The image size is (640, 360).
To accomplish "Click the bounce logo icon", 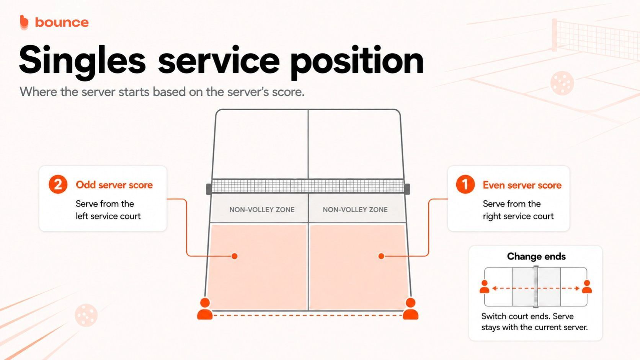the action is (x=24, y=22).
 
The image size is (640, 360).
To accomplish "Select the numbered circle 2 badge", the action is (x=58, y=184).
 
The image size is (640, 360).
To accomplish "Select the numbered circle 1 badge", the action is (x=465, y=184).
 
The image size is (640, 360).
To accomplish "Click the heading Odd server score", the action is (x=114, y=185).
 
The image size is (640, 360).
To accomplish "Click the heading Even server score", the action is (x=522, y=185).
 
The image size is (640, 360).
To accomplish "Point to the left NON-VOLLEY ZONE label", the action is (x=262, y=210).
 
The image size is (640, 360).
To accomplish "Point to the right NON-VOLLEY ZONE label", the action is (x=355, y=210).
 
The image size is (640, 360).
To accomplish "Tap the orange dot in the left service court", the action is (x=235, y=256).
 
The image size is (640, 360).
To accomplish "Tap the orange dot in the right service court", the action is (x=381, y=256).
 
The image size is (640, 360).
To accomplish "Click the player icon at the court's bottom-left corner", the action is (x=205, y=309).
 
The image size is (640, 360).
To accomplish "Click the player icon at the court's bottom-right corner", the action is (x=411, y=309).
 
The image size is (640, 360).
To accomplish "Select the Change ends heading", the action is (x=536, y=256).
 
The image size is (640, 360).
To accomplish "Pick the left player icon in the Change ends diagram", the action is (x=484, y=287).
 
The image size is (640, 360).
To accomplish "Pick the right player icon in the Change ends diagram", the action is (x=587, y=287).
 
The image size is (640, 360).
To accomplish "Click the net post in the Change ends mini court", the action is (x=536, y=287).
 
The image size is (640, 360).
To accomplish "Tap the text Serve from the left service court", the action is (x=108, y=210).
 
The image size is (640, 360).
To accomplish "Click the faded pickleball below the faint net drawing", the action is (x=562, y=83).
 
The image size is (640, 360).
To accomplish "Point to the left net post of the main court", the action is (x=209, y=189).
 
